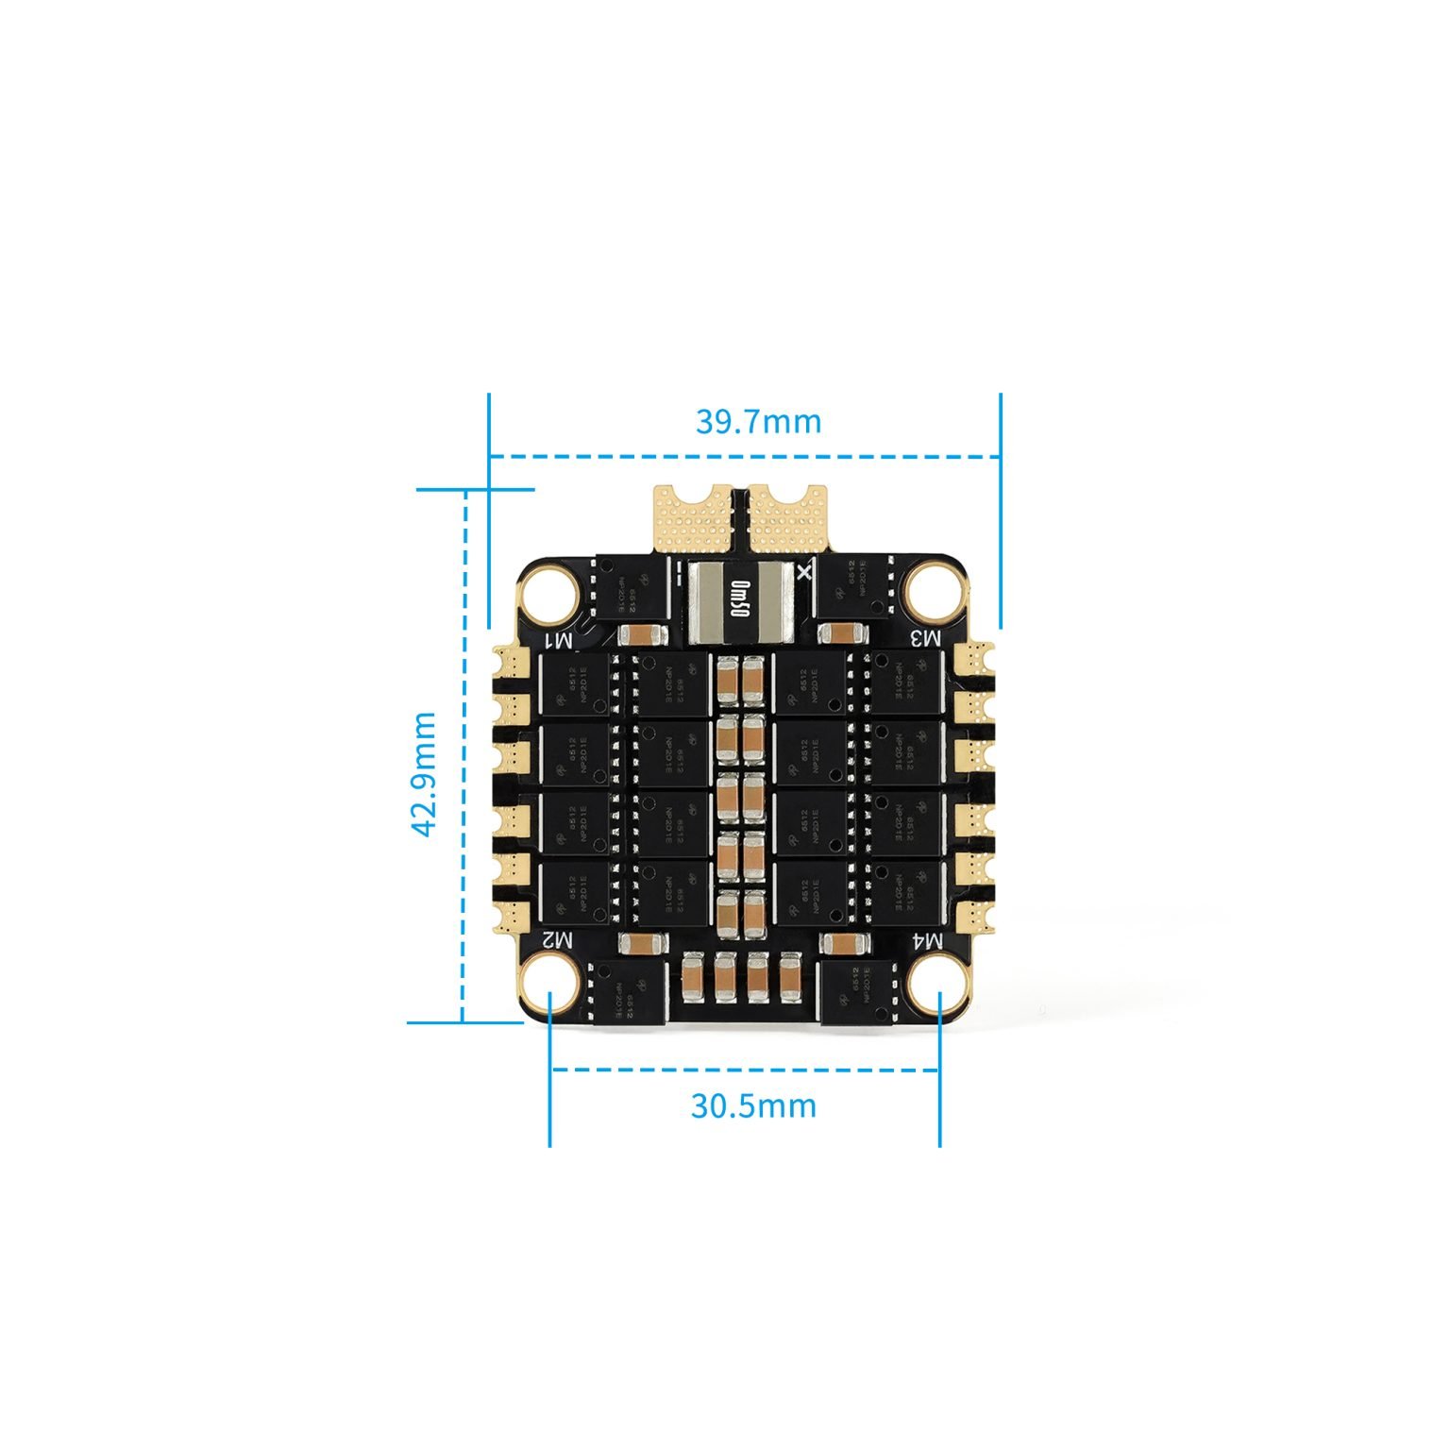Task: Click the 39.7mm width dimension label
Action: click(x=758, y=421)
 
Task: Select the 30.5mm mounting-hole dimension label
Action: click(x=752, y=1104)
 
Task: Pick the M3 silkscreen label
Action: click(x=926, y=638)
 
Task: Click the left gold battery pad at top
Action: click(x=695, y=517)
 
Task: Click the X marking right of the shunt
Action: click(x=804, y=571)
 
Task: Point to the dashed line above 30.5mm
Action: click(x=746, y=1070)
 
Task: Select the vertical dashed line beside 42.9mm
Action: click(x=464, y=755)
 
